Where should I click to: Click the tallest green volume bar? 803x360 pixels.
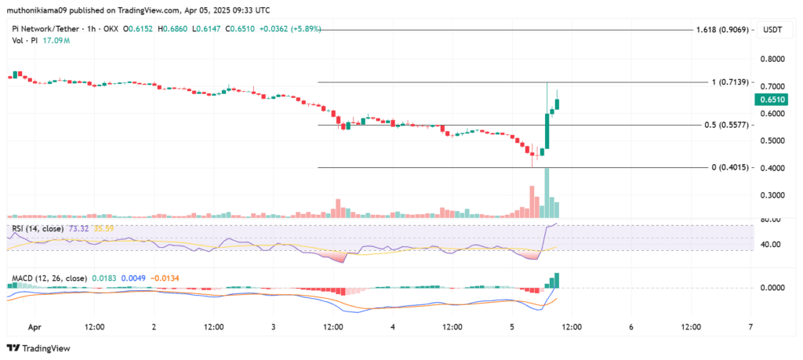point(547,192)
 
